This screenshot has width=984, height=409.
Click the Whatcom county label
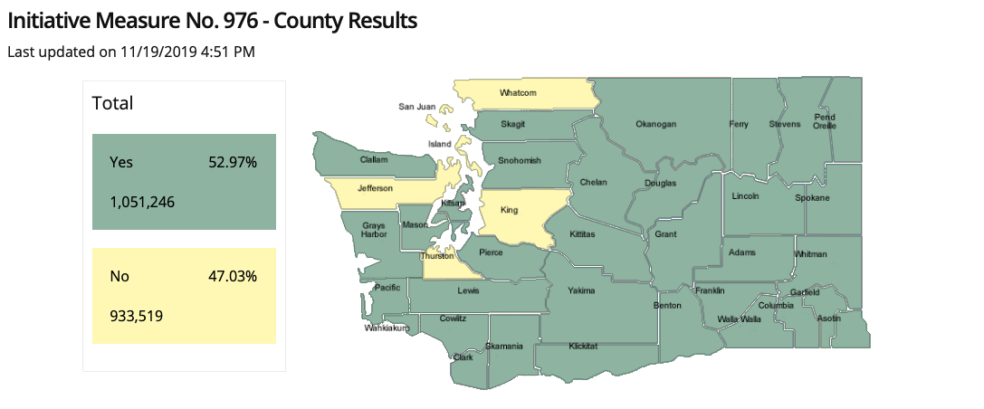pyautogui.click(x=520, y=93)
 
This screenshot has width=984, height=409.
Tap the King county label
pyautogui.click(x=510, y=210)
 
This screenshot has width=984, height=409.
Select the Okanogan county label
pyautogui.click(x=655, y=124)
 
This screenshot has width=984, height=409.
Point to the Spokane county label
pyautogui.click(x=812, y=197)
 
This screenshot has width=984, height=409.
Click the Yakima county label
pyautogui.click(x=581, y=290)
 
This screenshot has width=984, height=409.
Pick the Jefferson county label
pyautogui.click(x=375, y=188)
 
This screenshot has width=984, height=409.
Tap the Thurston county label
pyautogui.click(x=436, y=256)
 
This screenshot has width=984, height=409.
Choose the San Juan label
pyautogui.click(x=417, y=107)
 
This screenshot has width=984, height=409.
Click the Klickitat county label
pyautogui.click(x=584, y=347)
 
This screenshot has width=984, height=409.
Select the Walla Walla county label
pyautogui.click(x=739, y=319)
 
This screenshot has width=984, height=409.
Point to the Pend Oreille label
pyautogui.click(x=825, y=121)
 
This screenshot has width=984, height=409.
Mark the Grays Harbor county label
pyautogui.click(x=374, y=229)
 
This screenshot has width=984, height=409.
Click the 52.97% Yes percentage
pyautogui.click(x=233, y=163)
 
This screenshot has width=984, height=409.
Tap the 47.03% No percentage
pyautogui.click(x=233, y=276)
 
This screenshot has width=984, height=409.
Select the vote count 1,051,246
pyautogui.click(x=142, y=202)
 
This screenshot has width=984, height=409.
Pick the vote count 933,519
pyautogui.click(x=136, y=315)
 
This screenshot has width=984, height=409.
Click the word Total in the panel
pyautogui.click(x=112, y=104)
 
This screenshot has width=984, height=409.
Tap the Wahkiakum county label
pyautogui.click(x=387, y=328)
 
